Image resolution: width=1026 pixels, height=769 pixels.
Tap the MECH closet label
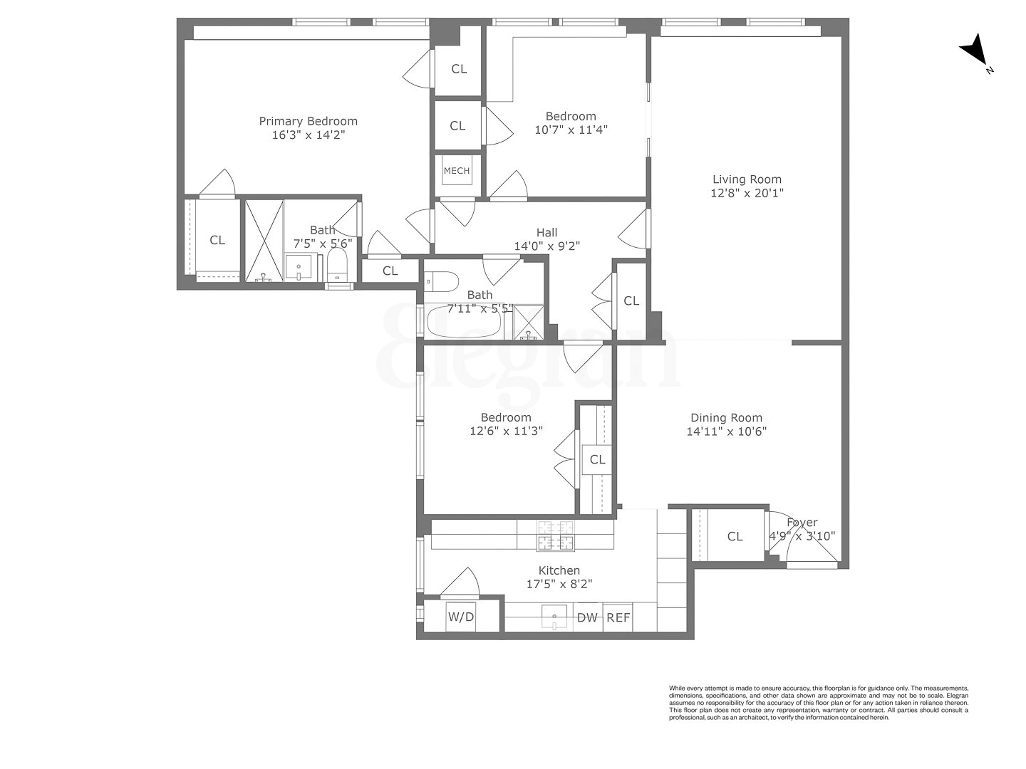[x=457, y=171]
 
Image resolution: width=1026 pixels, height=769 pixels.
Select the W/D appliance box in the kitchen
[x=460, y=617]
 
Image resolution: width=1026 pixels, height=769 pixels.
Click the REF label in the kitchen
[x=618, y=617]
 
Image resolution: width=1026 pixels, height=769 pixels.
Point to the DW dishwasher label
[x=587, y=617]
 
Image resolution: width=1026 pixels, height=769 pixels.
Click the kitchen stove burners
[x=556, y=535]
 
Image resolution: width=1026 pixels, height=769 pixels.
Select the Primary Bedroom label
[x=308, y=121]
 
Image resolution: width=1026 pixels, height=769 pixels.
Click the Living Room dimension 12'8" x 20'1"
[x=747, y=193]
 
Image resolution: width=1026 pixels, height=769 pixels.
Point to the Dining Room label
[x=726, y=418]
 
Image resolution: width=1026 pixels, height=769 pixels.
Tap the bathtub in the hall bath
[x=464, y=323]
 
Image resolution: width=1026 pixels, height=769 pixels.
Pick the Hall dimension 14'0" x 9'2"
[x=546, y=246]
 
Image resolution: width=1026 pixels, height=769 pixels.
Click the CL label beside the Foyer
[x=735, y=536]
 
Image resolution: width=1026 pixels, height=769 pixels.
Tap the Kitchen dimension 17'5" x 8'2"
[x=559, y=584]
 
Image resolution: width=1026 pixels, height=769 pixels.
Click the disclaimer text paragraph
[x=818, y=703]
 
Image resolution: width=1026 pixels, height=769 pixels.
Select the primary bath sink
[x=298, y=268]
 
